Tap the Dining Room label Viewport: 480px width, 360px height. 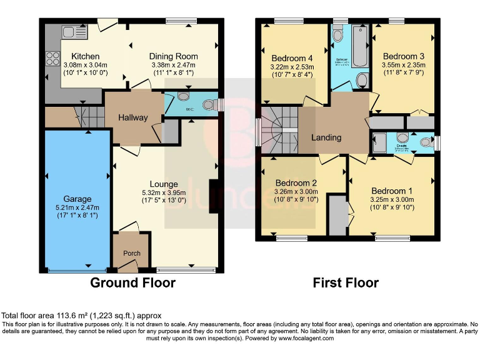pyautogui.click(x=173, y=56)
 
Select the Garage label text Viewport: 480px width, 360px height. pyautogui.click(x=77, y=199)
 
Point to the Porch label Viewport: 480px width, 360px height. pyautogui.click(x=131, y=253)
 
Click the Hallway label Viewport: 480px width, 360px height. pyautogui.click(x=133, y=117)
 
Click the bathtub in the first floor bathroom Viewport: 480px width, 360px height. pyautogui.click(x=359, y=47)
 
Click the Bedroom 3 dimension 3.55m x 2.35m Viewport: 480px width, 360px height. pyautogui.click(x=404, y=64)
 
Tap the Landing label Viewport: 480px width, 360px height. pyautogui.click(x=326, y=137)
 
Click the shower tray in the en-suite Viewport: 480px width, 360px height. pyautogui.click(x=379, y=143)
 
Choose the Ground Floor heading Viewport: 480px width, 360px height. pyautogui.click(x=132, y=282)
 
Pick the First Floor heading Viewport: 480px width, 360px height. pyautogui.click(x=346, y=282)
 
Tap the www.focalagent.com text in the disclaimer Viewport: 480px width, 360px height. pyautogui.click(x=304, y=338)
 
